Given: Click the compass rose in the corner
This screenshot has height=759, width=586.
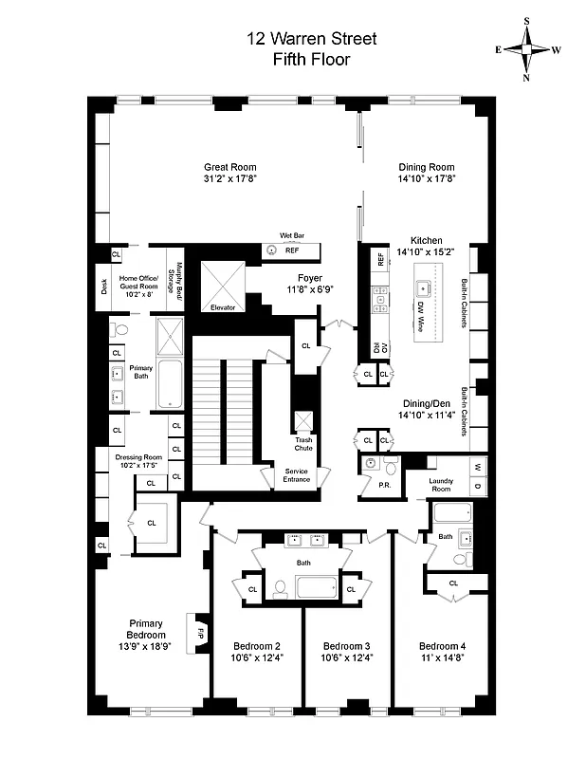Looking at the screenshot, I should point(529,49).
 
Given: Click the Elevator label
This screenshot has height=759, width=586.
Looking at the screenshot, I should point(224,308).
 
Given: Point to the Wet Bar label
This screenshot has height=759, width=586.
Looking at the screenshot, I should point(291,234).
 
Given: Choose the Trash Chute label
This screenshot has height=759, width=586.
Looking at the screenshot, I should point(302,444).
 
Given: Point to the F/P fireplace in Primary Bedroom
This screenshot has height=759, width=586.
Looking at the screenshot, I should point(200,630).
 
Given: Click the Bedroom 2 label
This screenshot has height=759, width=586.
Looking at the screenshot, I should point(257,645).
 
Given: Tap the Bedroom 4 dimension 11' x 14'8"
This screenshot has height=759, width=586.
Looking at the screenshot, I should point(442,657).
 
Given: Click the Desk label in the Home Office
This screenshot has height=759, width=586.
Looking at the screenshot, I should point(103,285).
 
